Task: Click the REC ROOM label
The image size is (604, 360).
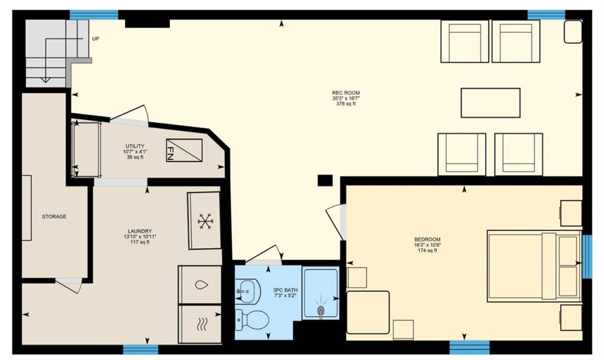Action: click(x=346, y=93)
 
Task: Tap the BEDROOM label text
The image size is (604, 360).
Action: click(x=427, y=239)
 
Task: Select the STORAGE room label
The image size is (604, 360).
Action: click(x=54, y=217)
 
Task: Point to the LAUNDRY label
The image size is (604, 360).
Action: click(x=140, y=231)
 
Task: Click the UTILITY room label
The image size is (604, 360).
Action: click(x=135, y=146)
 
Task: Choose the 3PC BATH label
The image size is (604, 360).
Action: click(x=285, y=290)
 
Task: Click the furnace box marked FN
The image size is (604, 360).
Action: click(x=184, y=150)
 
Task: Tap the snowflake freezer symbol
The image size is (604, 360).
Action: click(x=206, y=222)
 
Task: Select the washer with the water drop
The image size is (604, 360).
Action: click(x=200, y=285)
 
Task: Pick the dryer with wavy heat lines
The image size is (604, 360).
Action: click(x=200, y=324)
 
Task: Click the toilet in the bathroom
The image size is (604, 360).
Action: click(x=252, y=320)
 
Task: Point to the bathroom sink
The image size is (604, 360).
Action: click(x=247, y=291)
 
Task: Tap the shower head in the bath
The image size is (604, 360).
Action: click(x=320, y=310)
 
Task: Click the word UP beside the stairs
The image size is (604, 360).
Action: click(x=96, y=39)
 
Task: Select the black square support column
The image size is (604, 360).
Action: click(x=325, y=180)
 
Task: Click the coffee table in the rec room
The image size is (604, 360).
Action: click(x=490, y=103)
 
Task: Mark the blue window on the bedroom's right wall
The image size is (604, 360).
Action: click(x=587, y=256)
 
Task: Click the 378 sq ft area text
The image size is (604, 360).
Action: click(x=346, y=104)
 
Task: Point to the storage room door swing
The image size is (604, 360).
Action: click(x=69, y=286)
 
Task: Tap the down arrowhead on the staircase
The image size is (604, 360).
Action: click(x=45, y=80)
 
